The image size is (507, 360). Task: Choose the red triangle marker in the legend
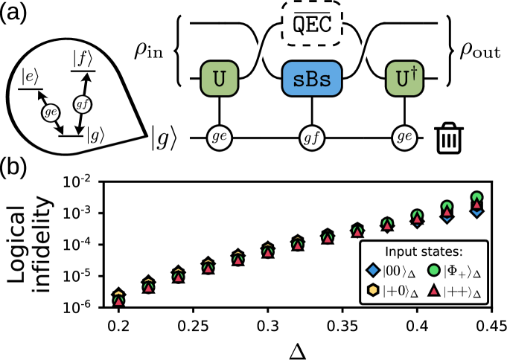coord(435,292)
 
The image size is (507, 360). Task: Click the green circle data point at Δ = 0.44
coord(477,198)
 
